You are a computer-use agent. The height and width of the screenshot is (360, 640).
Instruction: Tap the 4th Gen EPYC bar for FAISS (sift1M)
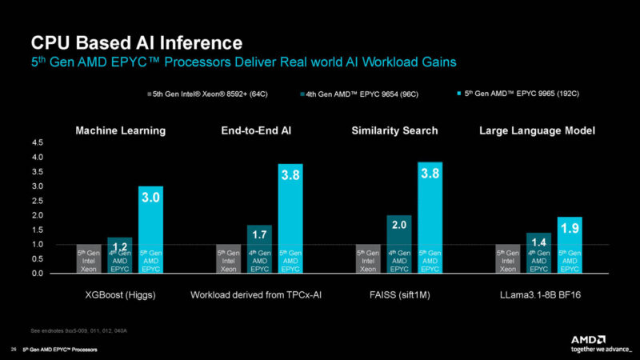pyautogui.click(x=400, y=244)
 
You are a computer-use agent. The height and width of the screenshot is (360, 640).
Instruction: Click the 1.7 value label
pyautogui.click(x=260, y=235)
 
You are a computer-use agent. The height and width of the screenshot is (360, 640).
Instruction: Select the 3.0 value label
pyautogui.click(x=151, y=197)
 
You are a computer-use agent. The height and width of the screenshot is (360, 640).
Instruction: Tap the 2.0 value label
pyautogui.click(x=400, y=226)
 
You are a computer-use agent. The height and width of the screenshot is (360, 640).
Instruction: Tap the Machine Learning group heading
pyautogui.click(x=120, y=130)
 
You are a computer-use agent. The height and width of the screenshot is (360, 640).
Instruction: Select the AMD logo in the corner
pyautogui.click(x=593, y=340)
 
